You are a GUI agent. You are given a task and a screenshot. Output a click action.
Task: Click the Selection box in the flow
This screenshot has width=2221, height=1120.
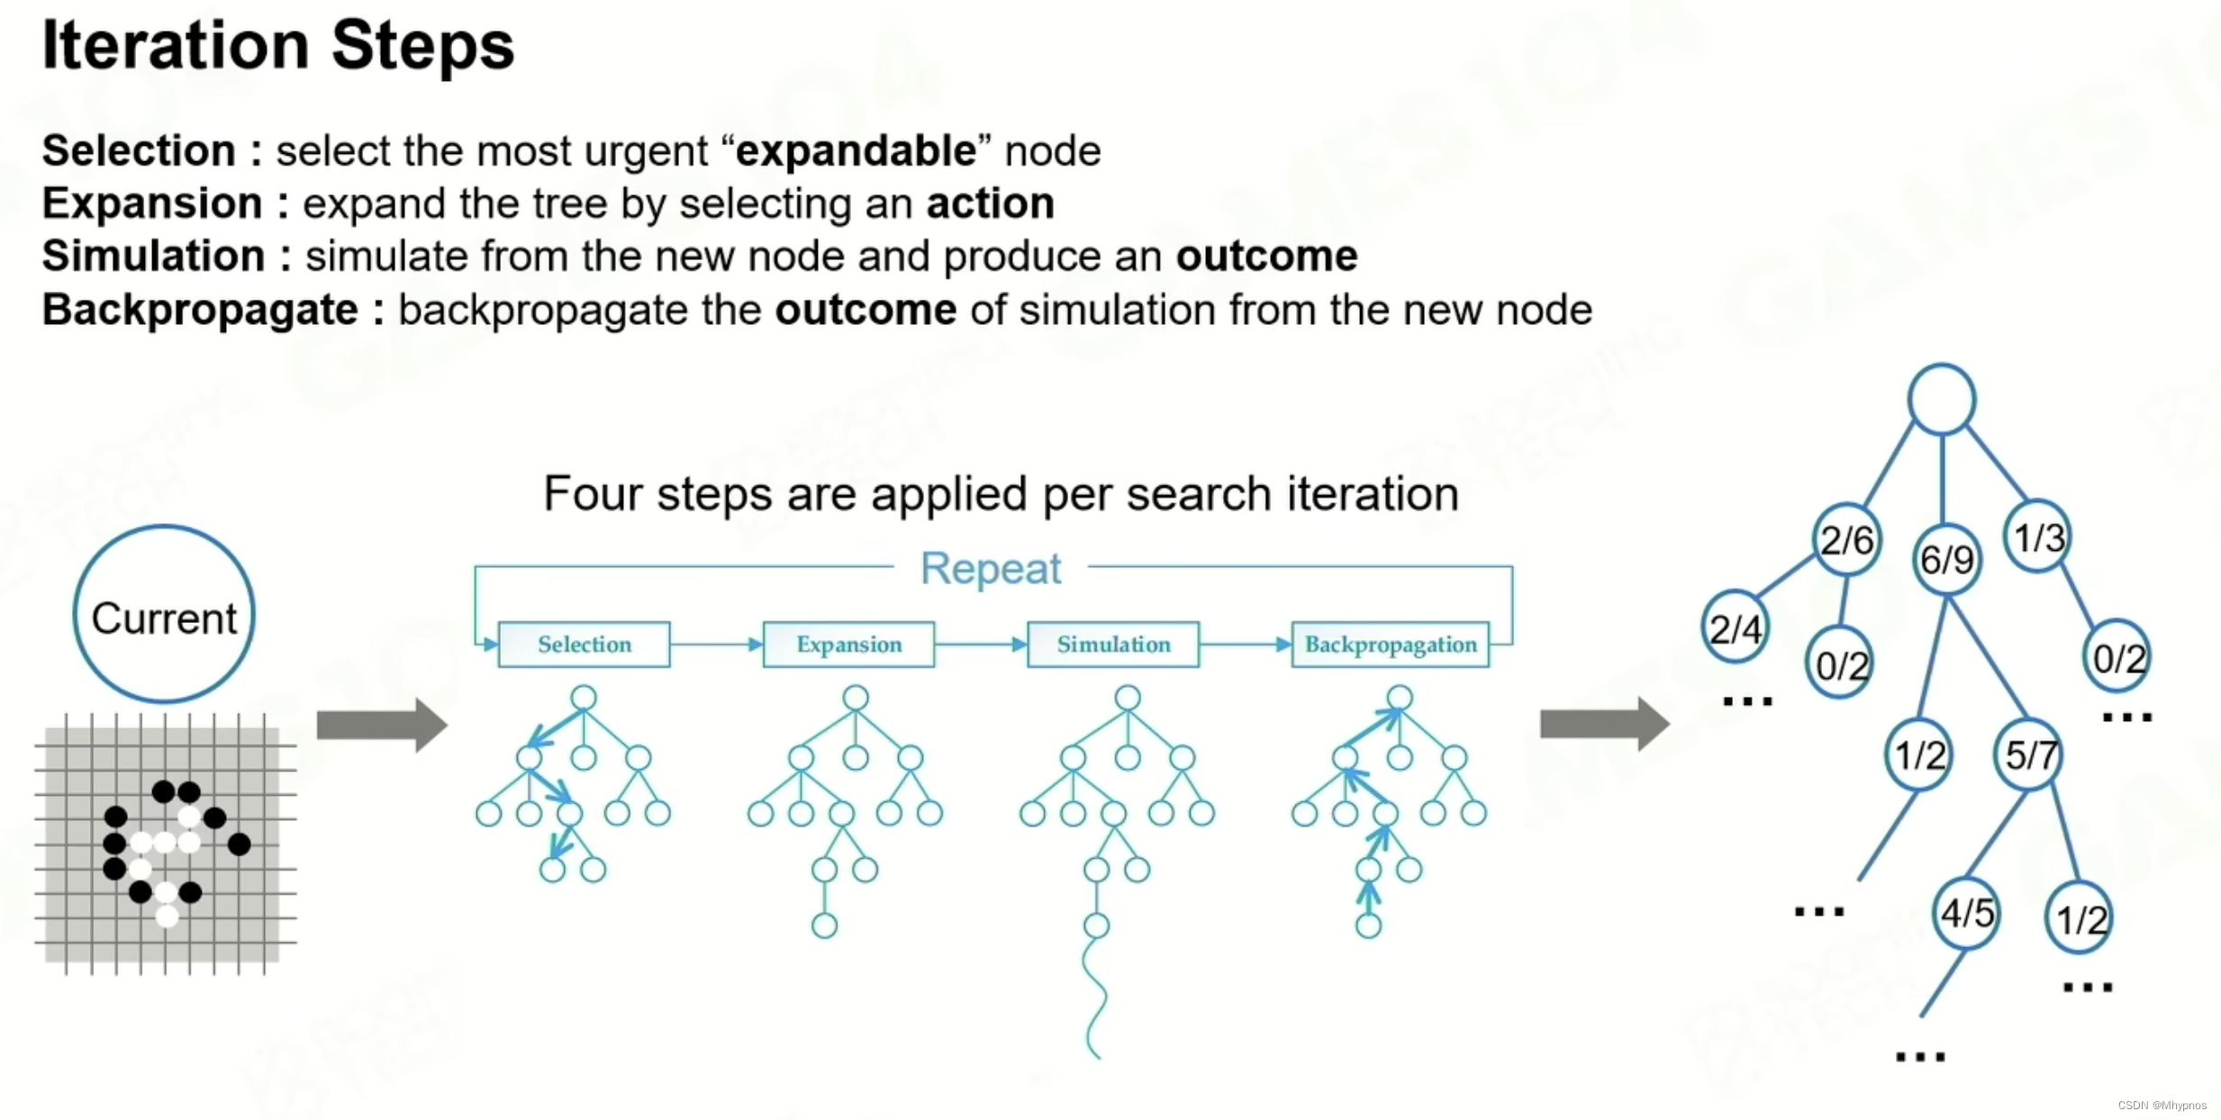[x=584, y=645]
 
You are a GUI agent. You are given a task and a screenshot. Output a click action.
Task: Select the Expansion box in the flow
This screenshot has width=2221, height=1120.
[x=848, y=645]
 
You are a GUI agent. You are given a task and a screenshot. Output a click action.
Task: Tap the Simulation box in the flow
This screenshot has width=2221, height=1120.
[x=1113, y=645]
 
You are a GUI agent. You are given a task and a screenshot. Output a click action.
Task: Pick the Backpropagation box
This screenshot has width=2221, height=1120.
[x=1390, y=645]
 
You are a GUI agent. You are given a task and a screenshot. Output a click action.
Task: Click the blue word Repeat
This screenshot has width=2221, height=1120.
[x=991, y=569]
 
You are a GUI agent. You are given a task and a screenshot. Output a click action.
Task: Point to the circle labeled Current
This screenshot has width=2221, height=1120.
[x=164, y=615]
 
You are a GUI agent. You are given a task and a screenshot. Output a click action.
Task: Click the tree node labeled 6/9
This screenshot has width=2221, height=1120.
[x=1946, y=559]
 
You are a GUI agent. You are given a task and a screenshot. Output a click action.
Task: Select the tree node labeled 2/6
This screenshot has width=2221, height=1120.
[x=1846, y=540]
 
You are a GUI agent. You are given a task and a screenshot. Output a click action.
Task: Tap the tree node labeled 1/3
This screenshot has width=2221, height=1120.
[x=2038, y=537]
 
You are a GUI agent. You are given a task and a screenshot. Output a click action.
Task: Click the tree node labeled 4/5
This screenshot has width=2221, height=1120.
[x=1967, y=914]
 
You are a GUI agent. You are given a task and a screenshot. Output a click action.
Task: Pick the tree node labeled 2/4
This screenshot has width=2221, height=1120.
[x=1736, y=628]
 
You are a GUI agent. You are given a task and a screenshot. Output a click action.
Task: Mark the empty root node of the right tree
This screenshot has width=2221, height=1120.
[x=1942, y=400]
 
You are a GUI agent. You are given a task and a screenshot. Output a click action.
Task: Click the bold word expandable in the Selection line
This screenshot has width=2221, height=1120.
[x=856, y=150]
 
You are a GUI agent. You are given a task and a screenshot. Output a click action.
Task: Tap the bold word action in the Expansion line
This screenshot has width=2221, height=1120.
[x=991, y=203]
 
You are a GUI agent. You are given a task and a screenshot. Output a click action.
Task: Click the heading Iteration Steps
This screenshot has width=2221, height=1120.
[x=278, y=45]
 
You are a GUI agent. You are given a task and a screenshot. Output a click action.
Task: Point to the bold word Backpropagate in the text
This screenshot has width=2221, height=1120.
[x=200, y=310]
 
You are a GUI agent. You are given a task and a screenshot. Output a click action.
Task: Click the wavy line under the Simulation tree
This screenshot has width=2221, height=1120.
[x=1096, y=999]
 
